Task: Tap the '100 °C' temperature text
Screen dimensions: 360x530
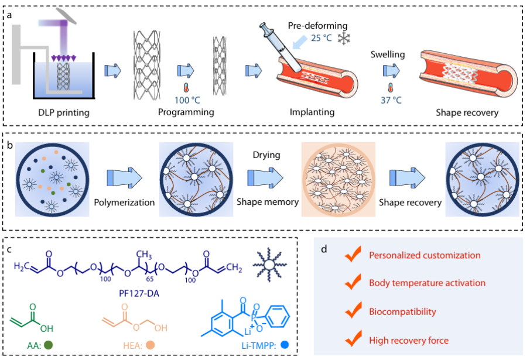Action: click(x=189, y=100)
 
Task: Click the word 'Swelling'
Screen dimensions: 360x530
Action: click(x=388, y=54)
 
